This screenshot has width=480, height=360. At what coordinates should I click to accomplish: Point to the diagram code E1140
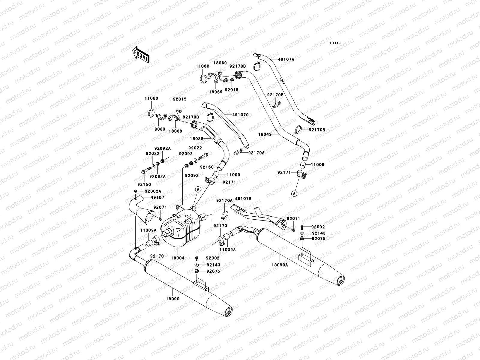tap(335, 43)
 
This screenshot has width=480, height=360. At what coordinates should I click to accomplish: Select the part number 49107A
tap(286, 59)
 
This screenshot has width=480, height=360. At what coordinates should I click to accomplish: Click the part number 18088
tap(196, 139)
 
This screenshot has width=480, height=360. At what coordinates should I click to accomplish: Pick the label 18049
tap(265, 134)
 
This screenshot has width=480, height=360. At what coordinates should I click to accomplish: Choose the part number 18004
tap(178, 258)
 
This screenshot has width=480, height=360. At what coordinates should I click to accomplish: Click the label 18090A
tap(280, 265)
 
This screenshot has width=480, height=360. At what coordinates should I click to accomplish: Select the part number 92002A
tap(153, 191)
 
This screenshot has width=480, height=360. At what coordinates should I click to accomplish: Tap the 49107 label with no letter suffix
tap(149, 197)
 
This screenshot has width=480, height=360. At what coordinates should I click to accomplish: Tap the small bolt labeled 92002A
tap(135, 191)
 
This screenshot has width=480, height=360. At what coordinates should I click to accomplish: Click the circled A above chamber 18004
tap(198, 189)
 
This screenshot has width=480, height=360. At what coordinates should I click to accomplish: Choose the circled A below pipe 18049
tap(294, 193)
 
